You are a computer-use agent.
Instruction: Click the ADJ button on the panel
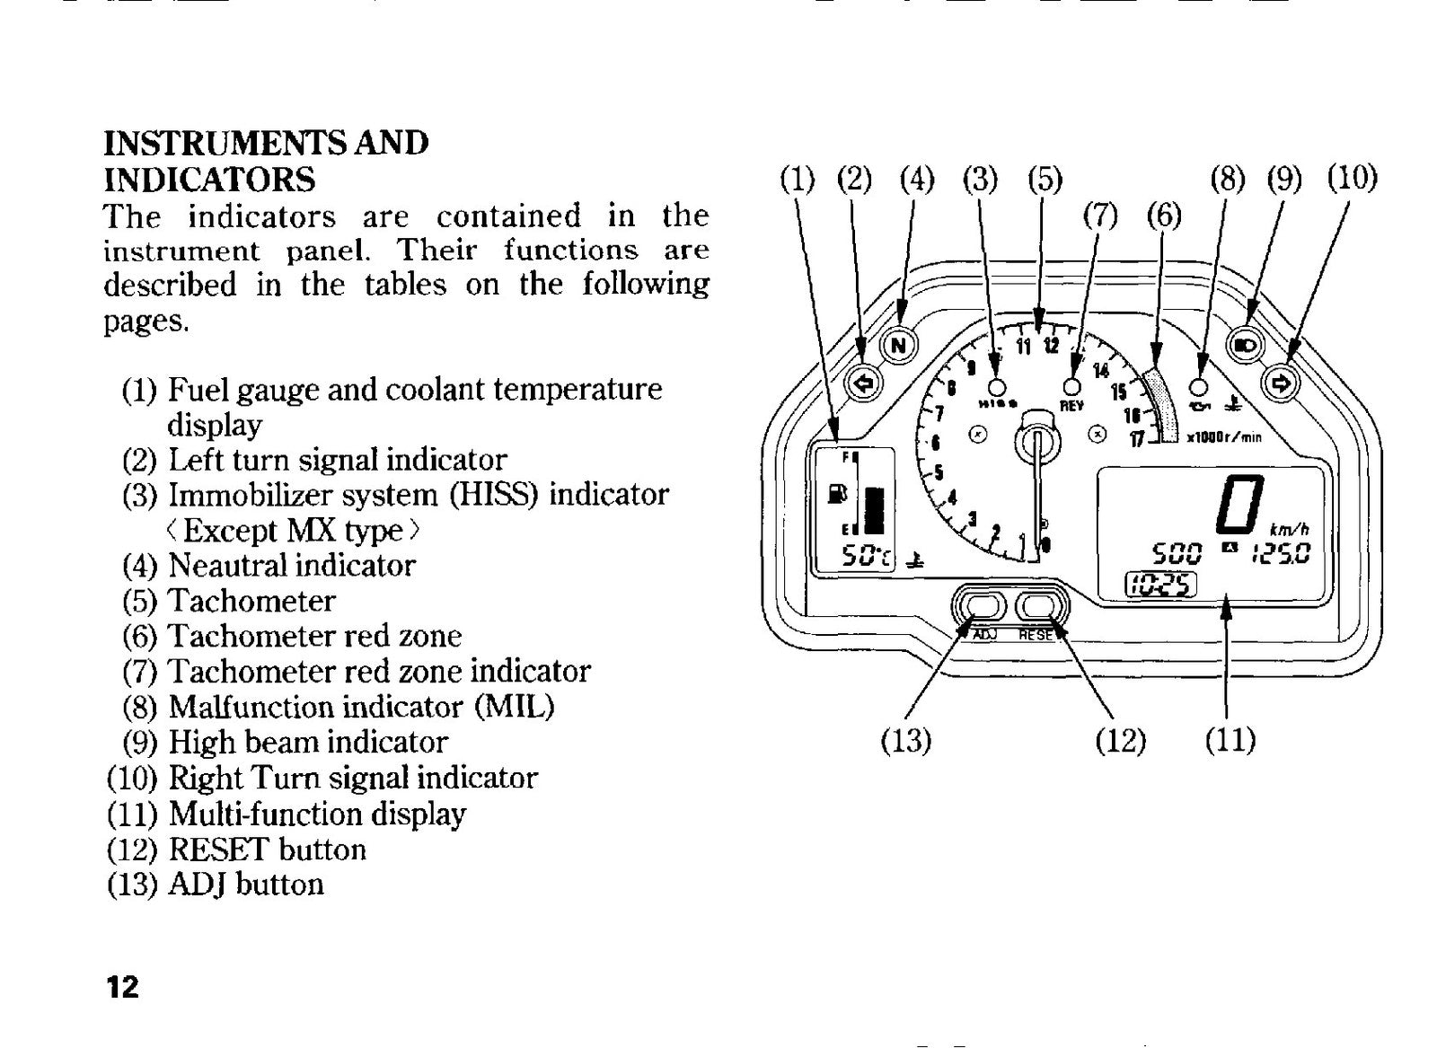click(x=974, y=606)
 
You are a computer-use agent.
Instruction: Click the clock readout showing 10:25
click(x=1161, y=585)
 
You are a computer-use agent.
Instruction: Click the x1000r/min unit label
click(x=1224, y=437)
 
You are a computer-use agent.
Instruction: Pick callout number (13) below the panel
click(x=906, y=741)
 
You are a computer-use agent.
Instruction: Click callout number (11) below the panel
click(x=1230, y=741)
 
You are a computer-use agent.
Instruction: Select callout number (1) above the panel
click(x=798, y=180)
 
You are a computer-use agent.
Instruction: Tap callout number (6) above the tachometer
click(x=1164, y=216)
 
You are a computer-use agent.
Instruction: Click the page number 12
click(x=122, y=987)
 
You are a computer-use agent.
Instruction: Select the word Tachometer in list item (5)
click(x=251, y=601)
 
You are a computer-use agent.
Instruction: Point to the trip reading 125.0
click(x=1281, y=552)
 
